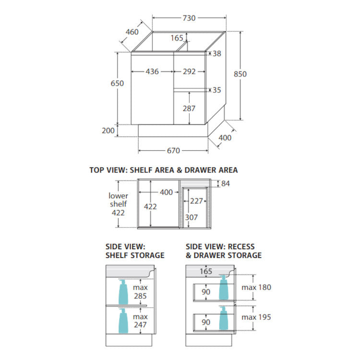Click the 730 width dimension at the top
189,18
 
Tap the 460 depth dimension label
132,32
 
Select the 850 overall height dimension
240,74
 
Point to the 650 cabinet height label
117,84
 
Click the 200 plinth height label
108,131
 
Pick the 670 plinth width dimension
173,151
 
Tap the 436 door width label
152,72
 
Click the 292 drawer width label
189,72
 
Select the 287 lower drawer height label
189,108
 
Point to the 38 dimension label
217,53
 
